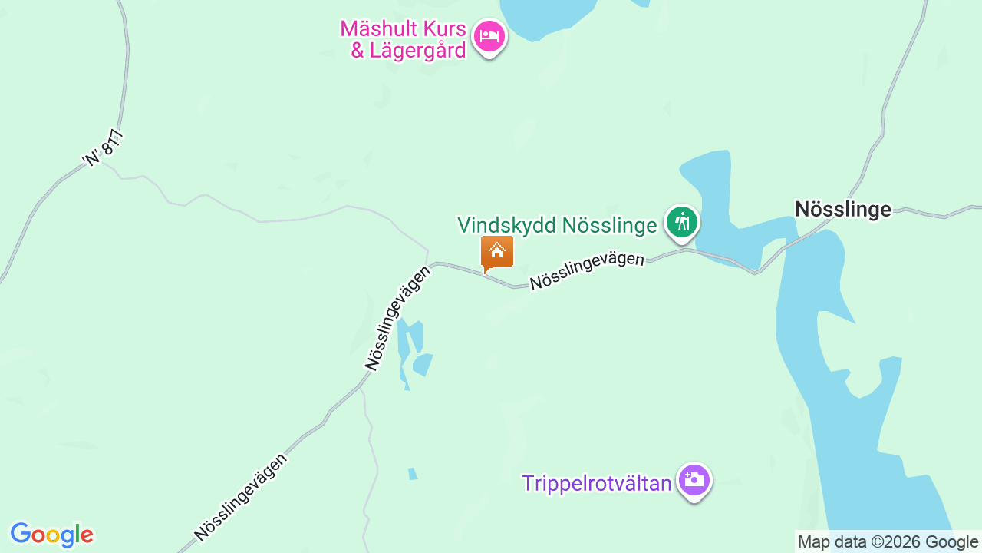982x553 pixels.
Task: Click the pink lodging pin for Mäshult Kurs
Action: pos(489,35)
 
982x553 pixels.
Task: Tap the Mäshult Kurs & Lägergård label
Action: pos(404,40)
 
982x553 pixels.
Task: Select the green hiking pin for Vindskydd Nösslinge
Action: pos(681,223)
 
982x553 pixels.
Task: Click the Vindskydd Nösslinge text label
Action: pos(557,225)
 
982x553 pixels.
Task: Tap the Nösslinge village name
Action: pos(843,209)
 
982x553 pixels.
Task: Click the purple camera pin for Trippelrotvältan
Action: pos(694,480)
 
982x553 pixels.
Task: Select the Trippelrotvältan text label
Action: pos(597,483)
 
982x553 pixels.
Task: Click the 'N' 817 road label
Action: pos(103,148)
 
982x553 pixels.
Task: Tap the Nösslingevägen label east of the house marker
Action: pos(587,270)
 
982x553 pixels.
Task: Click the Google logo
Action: pos(51,535)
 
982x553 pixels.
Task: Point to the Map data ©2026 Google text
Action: pos(888,542)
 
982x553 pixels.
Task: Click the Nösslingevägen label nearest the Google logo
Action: pos(241,497)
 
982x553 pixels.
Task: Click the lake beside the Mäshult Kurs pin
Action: pos(546,15)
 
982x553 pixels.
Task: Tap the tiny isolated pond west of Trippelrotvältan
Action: pos(413,474)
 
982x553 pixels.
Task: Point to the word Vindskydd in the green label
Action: pos(507,225)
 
